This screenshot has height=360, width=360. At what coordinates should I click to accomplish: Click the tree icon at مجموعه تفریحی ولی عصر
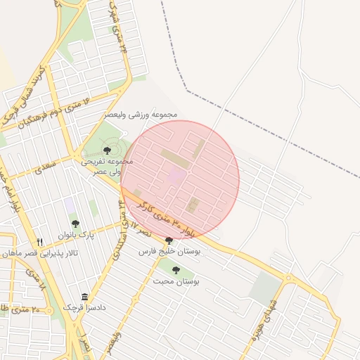(107, 150)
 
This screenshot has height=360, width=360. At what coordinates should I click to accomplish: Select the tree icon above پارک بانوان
(75, 224)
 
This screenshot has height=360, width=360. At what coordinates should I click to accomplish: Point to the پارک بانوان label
(75, 235)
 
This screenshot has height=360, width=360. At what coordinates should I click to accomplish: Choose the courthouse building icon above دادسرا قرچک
(85, 297)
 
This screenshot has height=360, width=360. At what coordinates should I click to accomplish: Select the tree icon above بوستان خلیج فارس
(168, 240)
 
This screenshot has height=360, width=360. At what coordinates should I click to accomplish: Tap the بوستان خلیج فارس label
(169, 251)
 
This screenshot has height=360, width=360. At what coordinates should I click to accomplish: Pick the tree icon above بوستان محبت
(176, 269)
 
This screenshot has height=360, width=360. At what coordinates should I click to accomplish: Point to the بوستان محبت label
(176, 281)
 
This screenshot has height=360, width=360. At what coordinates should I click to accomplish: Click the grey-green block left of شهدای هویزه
(266, 288)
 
